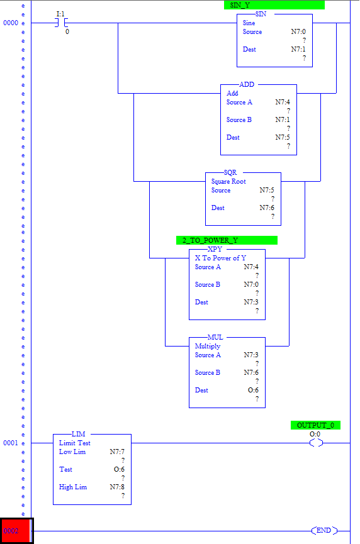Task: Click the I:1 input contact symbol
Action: tap(61, 23)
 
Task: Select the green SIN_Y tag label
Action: tap(274, 5)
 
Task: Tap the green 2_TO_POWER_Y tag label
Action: tap(227, 240)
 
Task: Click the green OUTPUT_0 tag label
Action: tap(315, 425)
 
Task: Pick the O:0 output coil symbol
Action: tap(316, 443)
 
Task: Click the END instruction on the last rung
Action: tap(324, 530)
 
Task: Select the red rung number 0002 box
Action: tap(16, 531)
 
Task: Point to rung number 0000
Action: tap(11, 23)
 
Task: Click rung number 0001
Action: tap(11, 443)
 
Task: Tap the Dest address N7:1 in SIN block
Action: tap(298, 49)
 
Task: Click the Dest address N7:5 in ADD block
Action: tap(283, 137)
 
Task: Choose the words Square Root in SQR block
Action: tap(228, 182)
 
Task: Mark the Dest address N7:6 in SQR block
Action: tap(267, 208)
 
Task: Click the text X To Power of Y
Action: tap(220, 258)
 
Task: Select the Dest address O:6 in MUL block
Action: tap(253, 391)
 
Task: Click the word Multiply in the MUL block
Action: tap(208, 347)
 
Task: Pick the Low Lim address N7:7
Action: tap(117, 452)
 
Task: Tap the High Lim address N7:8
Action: tap(117, 487)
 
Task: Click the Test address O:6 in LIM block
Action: tap(119, 469)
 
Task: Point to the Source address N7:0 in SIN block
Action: tap(298, 31)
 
